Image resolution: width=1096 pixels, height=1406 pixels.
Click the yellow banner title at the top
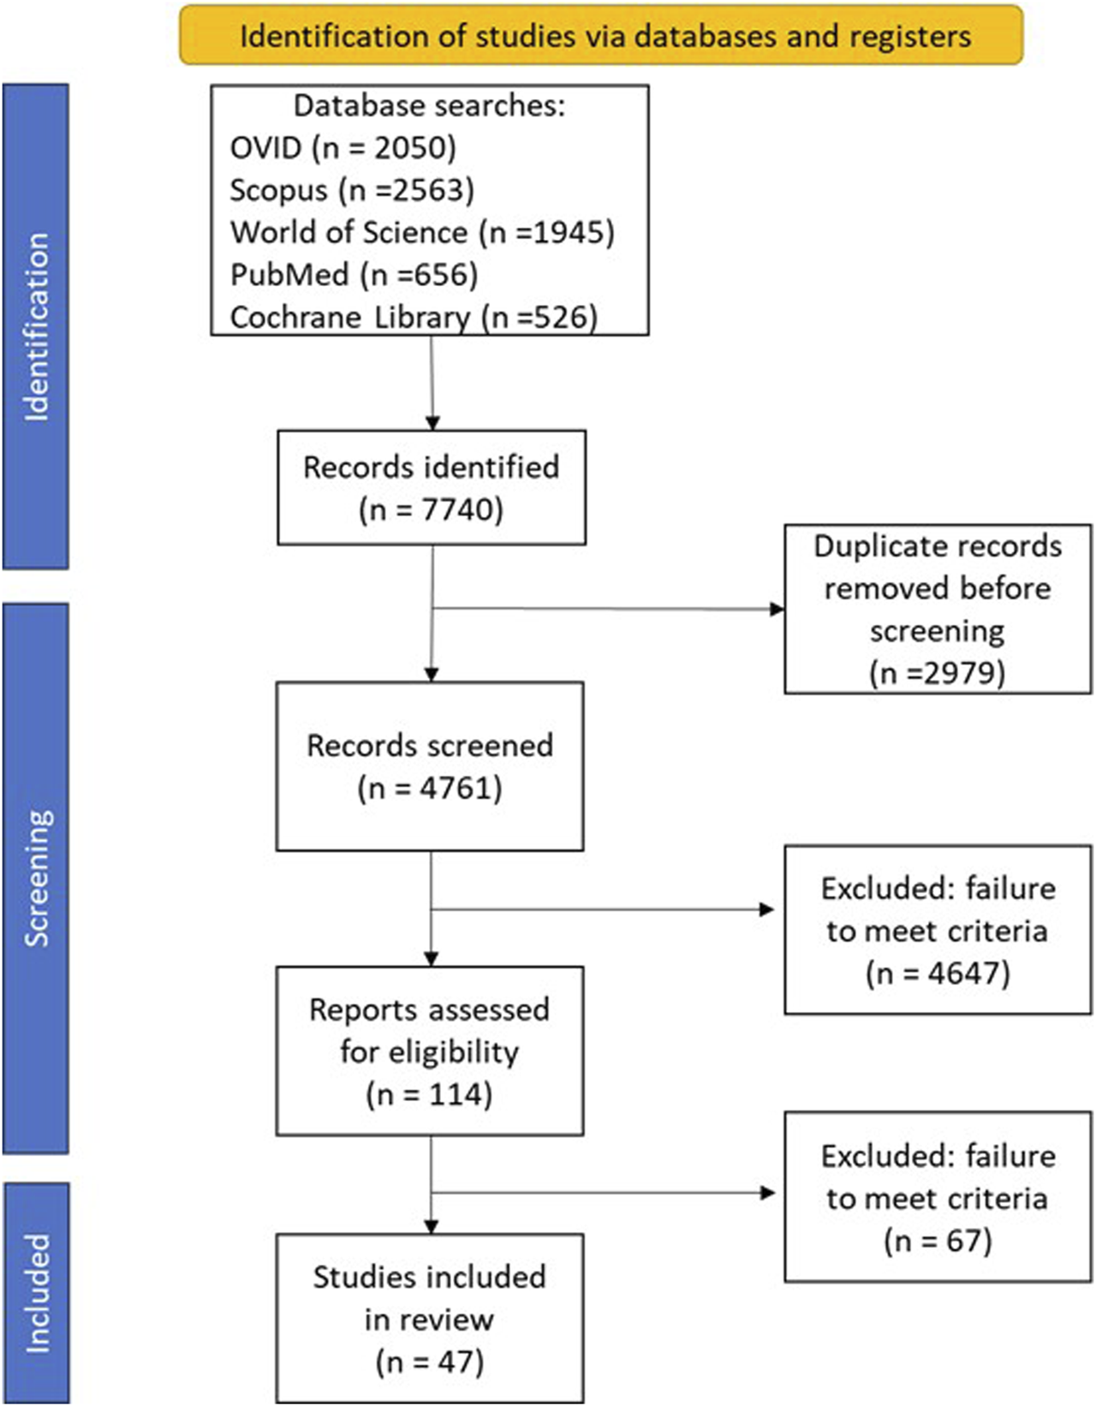pyautogui.click(x=605, y=36)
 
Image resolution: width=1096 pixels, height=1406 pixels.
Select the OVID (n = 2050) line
pyautogui.click(x=342, y=148)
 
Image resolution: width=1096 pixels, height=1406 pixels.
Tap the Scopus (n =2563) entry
pyautogui.click(x=352, y=190)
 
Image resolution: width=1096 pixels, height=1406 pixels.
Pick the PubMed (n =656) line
pyautogui.click(x=354, y=275)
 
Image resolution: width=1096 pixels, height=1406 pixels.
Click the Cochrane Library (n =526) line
pyautogui.click(x=414, y=317)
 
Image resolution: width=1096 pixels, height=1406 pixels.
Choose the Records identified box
pyautogui.click(x=432, y=487)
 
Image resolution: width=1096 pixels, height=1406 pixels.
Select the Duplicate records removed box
pyautogui.click(x=938, y=609)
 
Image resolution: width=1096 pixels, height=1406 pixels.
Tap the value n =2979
pyautogui.click(x=938, y=673)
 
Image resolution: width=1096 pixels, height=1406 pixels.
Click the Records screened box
pyautogui.click(x=430, y=766)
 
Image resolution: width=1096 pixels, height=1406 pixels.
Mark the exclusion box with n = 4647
pyautogui.click(x=938, y=929)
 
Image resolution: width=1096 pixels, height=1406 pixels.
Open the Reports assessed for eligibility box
pyautogui.click(x=430, y=1052)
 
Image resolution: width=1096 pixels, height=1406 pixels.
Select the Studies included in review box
pyautogui.click(x=430, y=1318)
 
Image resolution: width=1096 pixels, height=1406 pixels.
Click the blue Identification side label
pyautogui.click(x=36, y=327)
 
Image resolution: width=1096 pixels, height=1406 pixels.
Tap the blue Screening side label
pyautogui.click(x=36, y=879)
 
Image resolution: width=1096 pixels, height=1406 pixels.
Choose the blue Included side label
pyautogui.click(x=36, y=1293)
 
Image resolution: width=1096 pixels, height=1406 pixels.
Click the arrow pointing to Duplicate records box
pyautogui.click(x=608, y=609)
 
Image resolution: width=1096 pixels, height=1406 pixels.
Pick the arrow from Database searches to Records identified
pyautogui.click(x=432, y=383)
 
